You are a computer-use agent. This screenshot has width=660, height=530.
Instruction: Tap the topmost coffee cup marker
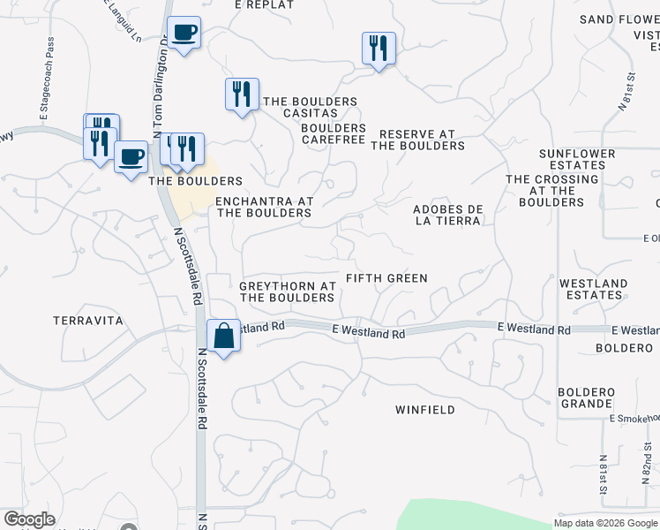coord(184,34)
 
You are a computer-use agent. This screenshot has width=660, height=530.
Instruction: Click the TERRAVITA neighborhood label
coord(87,321)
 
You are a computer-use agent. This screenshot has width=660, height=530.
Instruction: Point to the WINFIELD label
coord(425,410)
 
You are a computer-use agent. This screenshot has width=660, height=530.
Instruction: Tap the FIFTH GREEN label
coord(386,278)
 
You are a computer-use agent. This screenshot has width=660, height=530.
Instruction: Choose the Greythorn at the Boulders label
coord(288,292)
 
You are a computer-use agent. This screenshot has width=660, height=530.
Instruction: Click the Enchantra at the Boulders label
coord(265,207)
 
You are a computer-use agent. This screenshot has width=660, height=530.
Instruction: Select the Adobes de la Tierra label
coord(447,215)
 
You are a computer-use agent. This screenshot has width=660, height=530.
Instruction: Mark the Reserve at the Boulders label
coord(417,140)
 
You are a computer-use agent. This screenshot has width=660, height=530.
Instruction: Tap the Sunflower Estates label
coord(577,159)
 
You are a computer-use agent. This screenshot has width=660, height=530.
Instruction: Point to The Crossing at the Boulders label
coord(551,191)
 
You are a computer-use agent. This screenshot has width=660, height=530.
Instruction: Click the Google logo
coord(29,519)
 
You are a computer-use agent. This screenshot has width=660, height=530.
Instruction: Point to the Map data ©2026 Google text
coord(604,523)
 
